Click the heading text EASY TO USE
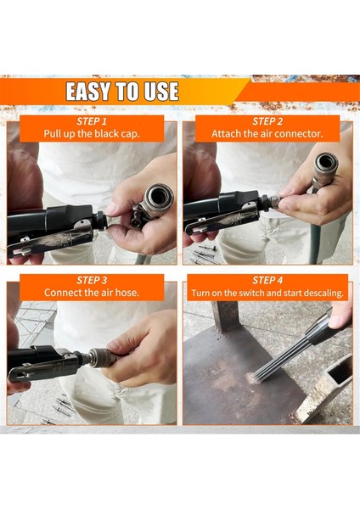pos(122,92)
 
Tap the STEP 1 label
pos(92,121)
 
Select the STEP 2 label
pos(267,121)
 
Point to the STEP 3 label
pos(92,280)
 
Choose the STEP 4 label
pos(267,280)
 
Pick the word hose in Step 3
pos(127,293)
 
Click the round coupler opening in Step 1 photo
pos(158,197)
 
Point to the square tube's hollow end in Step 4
pos(341,369)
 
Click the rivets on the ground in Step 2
pos(205,255)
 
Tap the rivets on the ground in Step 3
pos(60,410)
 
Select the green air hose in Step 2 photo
pos(314,243)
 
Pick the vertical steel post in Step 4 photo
pos(225,316)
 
